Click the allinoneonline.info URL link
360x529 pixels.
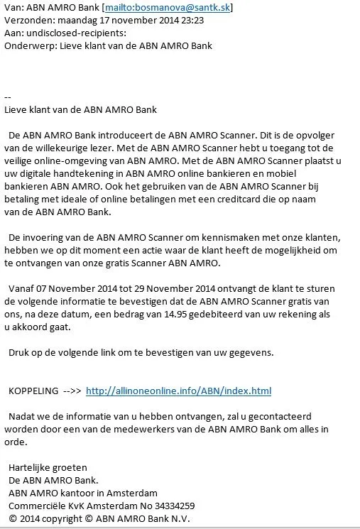pyautogui.click(x=178, y=391)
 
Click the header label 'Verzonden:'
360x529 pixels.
pyautogui.click(x=26, y=21)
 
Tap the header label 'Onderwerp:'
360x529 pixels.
pyautogui.click(x=28, y=46)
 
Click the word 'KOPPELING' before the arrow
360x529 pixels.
pyautogui.click(x=33, y=391)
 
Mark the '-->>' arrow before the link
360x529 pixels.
pyautogui.click(x=72, y=391)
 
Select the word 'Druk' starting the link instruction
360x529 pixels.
pyautogui.click(x=19, y=352)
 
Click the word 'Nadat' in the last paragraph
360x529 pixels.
pyautogui.click(x=22, y=416)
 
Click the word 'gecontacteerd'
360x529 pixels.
pyautogui.click(x=283, y=416)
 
